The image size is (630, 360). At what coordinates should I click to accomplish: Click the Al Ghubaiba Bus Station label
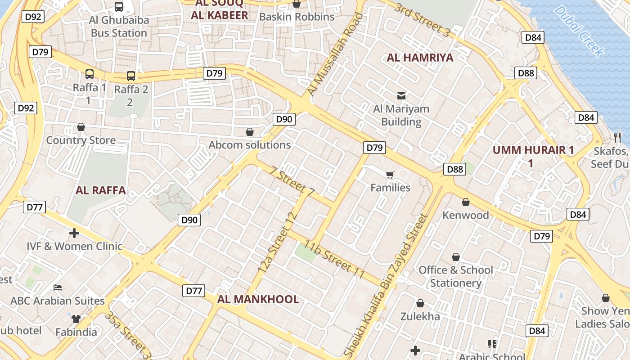(x=119, y=27)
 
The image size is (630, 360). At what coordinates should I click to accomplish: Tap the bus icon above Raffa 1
(x=90, y=74)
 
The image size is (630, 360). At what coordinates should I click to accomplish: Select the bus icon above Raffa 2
(x=130, y=76)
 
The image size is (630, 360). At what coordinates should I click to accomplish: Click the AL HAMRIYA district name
(x=420, y=58)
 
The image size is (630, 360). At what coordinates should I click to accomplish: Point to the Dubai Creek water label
(x=579, y=31)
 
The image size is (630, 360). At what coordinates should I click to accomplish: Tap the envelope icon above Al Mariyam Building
(x=401, y=95)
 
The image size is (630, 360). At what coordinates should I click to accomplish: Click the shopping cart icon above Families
(x=390, y=175)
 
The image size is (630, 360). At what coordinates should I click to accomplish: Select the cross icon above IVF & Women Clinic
(x=74, y=233)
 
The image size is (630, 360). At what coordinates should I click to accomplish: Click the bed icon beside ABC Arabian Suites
(x=57, y=287)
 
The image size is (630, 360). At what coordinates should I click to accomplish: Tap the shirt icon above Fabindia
(x=76, y=319)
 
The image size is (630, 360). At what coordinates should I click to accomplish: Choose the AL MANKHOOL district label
(x=258, y=299)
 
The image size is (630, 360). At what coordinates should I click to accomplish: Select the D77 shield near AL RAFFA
(x=35, y=207)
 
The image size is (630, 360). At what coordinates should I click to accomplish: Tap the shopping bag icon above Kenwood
(x=466, y=202)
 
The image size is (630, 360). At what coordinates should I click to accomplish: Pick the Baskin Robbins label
(x=297, y=17)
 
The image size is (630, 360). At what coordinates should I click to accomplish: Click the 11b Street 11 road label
(x=333, y=259)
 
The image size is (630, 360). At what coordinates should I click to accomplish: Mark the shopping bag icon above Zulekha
(x=420, y=303)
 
